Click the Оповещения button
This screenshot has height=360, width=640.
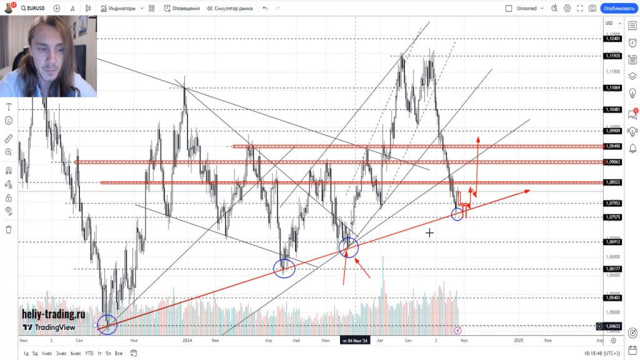[x=182, y=9]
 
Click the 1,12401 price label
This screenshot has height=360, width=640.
[x=612, y=39]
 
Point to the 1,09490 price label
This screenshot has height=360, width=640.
[x=612, y=146]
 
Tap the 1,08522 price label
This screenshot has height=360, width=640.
[x=612, y=182]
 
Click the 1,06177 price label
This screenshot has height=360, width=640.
[x=612, y=269]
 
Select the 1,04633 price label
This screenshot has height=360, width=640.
[x=612, y=326]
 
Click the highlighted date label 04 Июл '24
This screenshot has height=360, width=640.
[x=355, y=341]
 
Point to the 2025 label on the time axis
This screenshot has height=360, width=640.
[x=519, y=341]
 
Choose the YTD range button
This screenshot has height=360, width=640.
[x=89, y=353]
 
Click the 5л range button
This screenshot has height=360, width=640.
[x=109, y=353]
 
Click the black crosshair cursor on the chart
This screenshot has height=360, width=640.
[x=430, y=233]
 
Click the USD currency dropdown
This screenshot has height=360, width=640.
[x=609, y=24]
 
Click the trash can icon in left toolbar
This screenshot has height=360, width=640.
[x=9, y=229]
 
